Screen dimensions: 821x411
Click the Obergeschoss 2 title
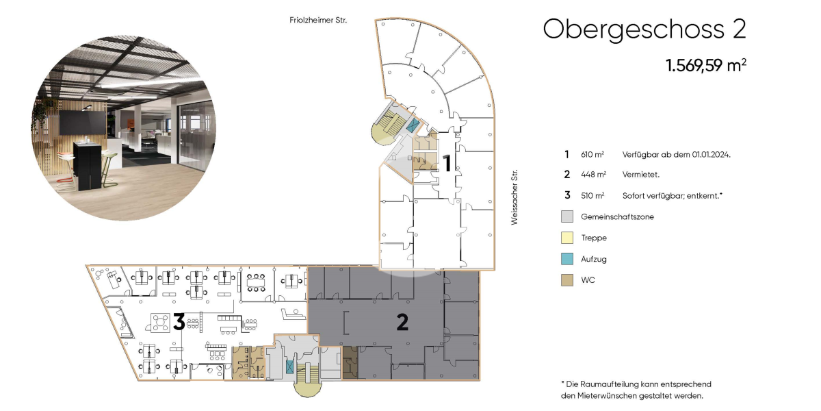[644, 29]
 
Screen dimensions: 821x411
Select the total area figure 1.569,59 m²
[706, 65]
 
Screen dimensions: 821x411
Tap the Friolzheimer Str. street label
[318, 20]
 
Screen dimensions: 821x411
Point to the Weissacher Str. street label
[514, 197]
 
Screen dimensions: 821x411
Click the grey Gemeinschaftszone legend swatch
[567, 216]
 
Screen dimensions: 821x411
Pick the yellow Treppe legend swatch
[567, 238]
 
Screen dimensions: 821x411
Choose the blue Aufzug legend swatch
[567, 259]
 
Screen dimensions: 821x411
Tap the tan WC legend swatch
[567, 280]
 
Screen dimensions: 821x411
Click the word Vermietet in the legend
[640, 175]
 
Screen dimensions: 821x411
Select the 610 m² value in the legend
[592, 155]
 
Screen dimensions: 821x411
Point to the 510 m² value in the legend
[592, 196]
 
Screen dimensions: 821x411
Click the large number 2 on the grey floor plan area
[402, 322]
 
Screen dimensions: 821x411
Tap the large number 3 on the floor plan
[179, 322]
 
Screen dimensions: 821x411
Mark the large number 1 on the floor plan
[447, 164]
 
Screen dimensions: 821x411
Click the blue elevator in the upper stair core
[413, 125]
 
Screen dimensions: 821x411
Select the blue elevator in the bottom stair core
[289, 367]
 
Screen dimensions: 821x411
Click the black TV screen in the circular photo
[83, 122]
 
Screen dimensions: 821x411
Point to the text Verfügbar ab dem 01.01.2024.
[676, 155]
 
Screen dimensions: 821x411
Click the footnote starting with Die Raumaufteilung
[636, 390]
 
